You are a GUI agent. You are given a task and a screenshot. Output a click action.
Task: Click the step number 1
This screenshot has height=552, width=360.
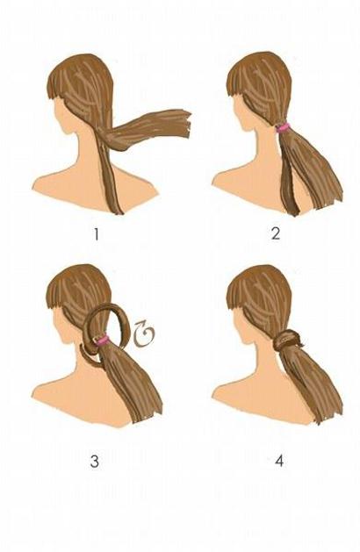pyautogui.click(x=97, y=235)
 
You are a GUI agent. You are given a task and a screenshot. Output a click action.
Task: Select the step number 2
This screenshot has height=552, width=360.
pyautogui.click(x=276, y=234)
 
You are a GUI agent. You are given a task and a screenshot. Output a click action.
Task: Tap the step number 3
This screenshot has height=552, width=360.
pyautogui.click(x=95, y=462)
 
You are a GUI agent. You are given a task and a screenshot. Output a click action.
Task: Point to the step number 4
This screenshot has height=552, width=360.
pyautogui.click(x=279, y=461)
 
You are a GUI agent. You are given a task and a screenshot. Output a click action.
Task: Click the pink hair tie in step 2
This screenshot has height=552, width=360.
pyautogui.click(x=284, y=127)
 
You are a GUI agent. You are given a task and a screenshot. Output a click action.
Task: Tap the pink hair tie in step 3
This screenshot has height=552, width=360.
pyautogui.click(x=103, y=341)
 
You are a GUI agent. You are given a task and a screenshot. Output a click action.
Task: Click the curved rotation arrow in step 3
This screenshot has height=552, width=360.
pyautogui.click(x=144, y=333)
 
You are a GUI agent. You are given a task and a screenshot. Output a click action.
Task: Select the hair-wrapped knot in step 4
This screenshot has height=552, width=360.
pyautogui.click(x=287, y=341)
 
